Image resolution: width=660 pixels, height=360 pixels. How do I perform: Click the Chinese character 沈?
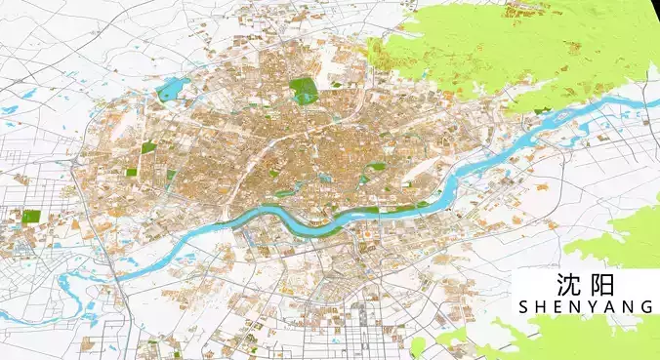click(568, 285)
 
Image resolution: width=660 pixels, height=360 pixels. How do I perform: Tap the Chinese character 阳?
click(602, 285)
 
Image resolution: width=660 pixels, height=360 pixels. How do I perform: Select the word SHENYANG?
click(586, 307)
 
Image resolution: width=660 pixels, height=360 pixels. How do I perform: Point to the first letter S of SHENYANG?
click(525, 307)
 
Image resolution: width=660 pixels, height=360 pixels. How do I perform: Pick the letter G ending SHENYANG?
click(646, 307)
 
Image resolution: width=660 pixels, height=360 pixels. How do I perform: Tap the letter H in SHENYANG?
click(542, 307)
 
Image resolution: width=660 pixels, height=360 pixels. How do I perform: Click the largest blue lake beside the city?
click(172, 91)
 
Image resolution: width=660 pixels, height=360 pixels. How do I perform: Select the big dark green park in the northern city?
click(304, 89)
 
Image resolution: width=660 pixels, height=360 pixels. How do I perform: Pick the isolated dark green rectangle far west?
click(31, 216)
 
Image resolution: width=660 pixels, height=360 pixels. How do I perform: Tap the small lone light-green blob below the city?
click(418, 346)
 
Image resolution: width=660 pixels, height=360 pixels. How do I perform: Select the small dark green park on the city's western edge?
click(148, 148)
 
